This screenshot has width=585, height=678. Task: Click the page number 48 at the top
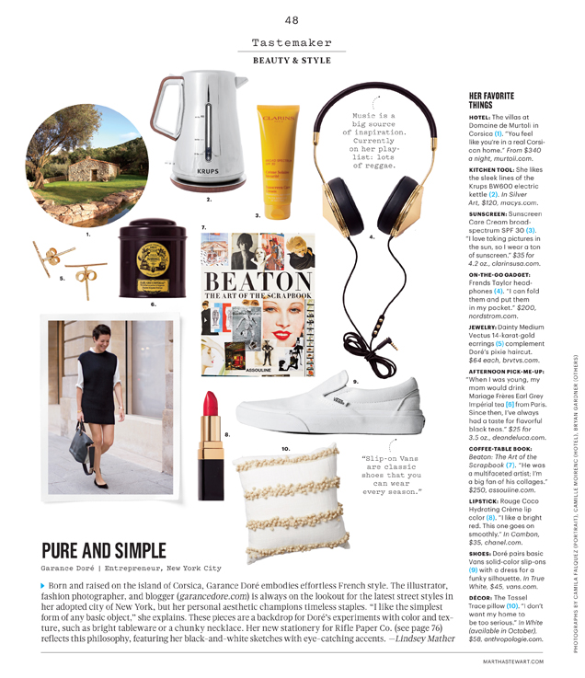(292, 20)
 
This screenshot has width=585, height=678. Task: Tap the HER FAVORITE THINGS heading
(493, 101)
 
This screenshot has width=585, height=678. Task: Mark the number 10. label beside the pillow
(285, 449)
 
